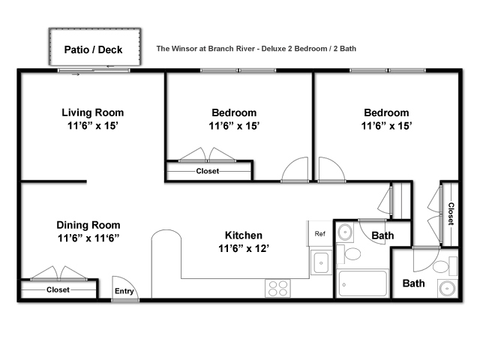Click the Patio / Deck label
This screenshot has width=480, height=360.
tap(93, 49)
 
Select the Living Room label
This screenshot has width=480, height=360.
tap(93, 112)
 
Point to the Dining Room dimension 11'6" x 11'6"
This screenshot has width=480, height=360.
tap(88, 238)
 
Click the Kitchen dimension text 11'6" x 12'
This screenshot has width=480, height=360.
tap(244, 248)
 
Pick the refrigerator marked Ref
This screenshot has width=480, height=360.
tap(320, 233)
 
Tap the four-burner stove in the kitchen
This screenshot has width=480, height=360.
tap(277, 288)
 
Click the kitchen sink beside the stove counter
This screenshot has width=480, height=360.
tap(321, 262)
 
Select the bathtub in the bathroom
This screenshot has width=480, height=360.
tap(362, 283)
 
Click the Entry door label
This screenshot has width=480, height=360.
tap(124, 291)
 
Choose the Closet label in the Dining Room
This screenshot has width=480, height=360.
tap(58, 289)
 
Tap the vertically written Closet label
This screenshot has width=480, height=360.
tap(451, 214)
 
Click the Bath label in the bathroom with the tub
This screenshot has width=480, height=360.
tap(382, 235)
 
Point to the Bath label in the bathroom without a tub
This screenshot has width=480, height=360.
tap(413, 283)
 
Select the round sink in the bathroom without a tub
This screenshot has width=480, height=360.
tap(448, 288)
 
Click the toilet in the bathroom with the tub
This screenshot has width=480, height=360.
tap(349, 253)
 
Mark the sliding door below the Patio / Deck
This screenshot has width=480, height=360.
tap(94, 70)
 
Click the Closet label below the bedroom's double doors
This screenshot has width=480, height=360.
tap(208, 171)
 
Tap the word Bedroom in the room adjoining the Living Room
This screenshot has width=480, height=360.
tap(234, 112)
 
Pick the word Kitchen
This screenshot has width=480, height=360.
tap(244, 235)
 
